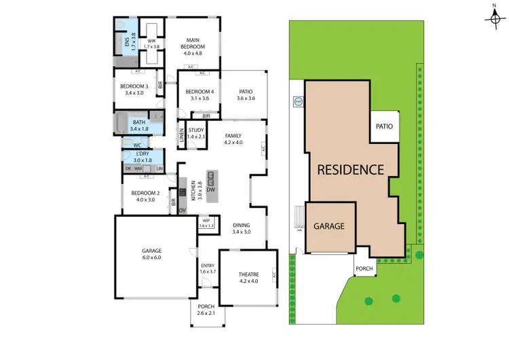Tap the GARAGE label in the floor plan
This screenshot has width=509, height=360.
tap(151, 250)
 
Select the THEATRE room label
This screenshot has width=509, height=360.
tap(248, 274)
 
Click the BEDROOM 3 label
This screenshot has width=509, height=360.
tap(134, 86)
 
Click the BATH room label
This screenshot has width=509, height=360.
tap(139, 122)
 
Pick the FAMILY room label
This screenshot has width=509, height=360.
tap(233, 136)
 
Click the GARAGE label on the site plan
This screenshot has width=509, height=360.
tap(328, 226)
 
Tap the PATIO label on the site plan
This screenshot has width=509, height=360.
tap(385, 126)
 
